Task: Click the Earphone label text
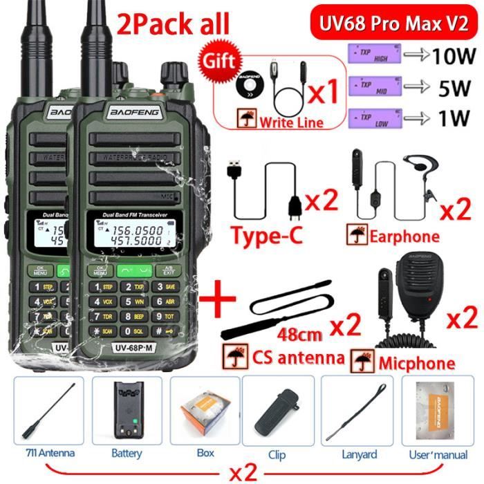tap(404, 236)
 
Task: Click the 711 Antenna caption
tap(46, 454)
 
